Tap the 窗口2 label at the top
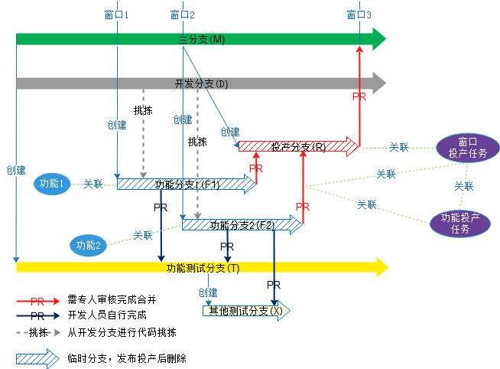[x=183, y=15]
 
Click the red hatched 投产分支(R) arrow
[x=298, y=145]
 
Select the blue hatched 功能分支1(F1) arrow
[x=187, y=184]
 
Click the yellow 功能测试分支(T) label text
[x=203, y=267]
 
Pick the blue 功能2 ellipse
[x=89, y=245]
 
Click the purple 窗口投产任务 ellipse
[x=467, y=147]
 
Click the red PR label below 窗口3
[x=359, y=97]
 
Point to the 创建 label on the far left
[x=15, y=170]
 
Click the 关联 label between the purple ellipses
[x=463, y=186]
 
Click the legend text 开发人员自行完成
[x=106, y=315]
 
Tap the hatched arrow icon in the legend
[x=37, y=358]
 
